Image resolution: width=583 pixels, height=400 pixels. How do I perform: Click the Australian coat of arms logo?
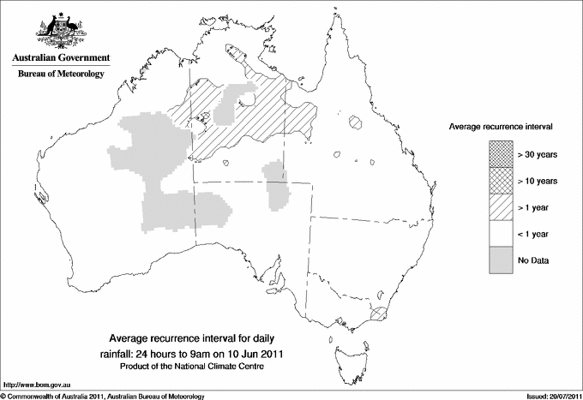coord(59,32)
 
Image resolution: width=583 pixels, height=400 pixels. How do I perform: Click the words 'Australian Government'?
coord(60,59)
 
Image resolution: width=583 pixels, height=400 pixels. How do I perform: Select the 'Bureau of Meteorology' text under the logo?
coord(60,75)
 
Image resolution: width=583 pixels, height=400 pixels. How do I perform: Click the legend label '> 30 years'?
coord(537,156)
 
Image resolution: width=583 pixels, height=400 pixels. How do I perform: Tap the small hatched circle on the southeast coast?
coord(377,314)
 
